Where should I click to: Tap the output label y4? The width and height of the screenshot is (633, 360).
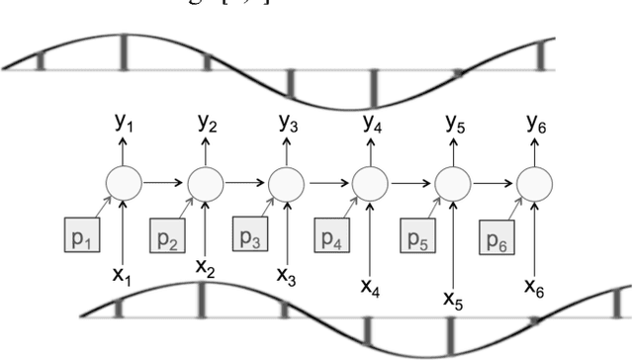(x=372, y=126)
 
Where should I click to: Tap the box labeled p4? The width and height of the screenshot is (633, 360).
(x=330, y=238)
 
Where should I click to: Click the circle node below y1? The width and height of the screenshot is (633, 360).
(x=123, y=183)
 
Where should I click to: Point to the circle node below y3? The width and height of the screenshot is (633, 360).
(x=287, y=183)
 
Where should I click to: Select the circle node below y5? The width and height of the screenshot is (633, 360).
(x=453, y=183)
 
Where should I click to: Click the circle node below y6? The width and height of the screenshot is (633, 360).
(x=535, y=183)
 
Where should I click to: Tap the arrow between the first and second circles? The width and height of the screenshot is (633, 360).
(x=164, y=183)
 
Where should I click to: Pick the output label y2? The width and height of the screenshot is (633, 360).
(x=207, y=124)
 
